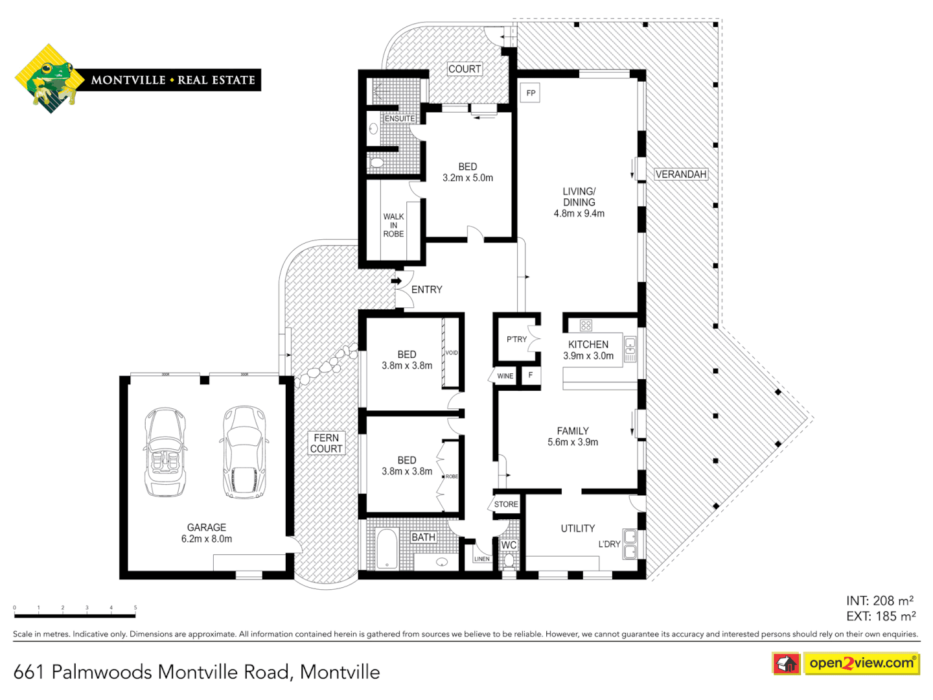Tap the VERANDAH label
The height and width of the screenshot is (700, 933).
click(x=680, y=174)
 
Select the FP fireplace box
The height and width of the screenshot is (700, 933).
click(x=531, y=93)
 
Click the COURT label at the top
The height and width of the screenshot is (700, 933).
click(x=465, y=69)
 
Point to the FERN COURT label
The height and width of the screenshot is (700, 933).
click(x=326, y=443)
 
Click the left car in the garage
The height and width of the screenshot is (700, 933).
click(x=165, y=452)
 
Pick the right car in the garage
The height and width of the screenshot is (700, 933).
click(x=244, y=452)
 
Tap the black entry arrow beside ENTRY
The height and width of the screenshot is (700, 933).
click(x=396, y=281)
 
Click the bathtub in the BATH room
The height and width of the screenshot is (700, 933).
click(x=387, y=549)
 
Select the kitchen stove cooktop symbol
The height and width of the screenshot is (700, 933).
click(x=586, y=325)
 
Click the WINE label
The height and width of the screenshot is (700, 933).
click(x=505, y=376)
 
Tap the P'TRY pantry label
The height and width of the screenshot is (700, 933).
click(x=516, y=339)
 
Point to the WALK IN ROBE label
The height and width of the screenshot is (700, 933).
click(x=393, y=225)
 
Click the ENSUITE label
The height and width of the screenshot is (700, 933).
click(x=400, y=119)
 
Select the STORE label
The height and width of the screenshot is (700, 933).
click(x=506, y=504)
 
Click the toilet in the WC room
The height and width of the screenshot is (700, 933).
click(x=509, y=560)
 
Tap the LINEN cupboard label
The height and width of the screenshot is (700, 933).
click(x=482, y=559)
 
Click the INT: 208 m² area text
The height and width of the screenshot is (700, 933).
click(x=879, y=601)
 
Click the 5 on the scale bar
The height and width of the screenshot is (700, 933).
click(x=135, y=608)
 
